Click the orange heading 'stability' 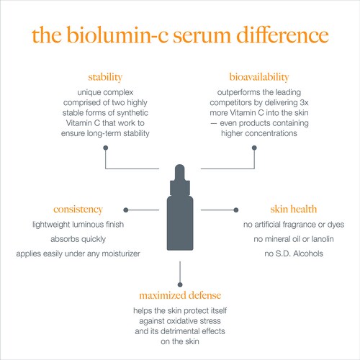(105, 78)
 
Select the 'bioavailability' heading (259, 77)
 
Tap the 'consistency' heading (78, 210)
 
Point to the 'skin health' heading (294, 209)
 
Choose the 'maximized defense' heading (180, 295)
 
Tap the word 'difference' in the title (282, 35)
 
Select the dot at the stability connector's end (105, 148)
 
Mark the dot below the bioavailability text (254, 148)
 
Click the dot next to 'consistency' (126, 210)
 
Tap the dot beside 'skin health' (236, 210)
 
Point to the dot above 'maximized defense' (180, 284)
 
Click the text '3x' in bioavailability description (304, 102)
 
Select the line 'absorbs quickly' (78, 239)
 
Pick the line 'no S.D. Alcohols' (294, 253)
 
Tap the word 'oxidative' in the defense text (182, 321)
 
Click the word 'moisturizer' (121, 253)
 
